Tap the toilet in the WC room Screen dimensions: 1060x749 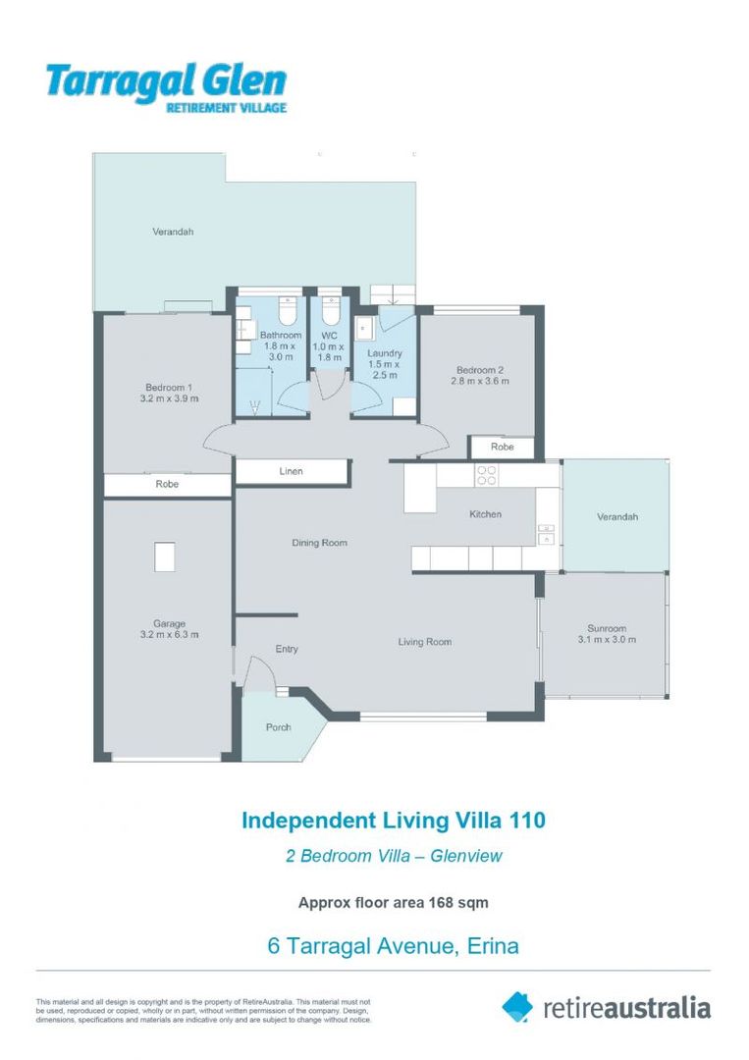tap(331, 312)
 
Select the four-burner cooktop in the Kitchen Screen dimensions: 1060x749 tap(486, 475)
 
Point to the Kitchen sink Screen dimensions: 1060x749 tap(546, 535)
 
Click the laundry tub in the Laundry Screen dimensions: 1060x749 tap(362, 327)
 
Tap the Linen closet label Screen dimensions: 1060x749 tap(291, 472)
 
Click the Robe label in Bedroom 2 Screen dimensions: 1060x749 tap(502, 447)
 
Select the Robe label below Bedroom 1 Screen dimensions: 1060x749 tap(167, 485)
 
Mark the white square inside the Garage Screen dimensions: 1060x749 tap(165, 557)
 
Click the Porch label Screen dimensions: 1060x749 tap(279, 727)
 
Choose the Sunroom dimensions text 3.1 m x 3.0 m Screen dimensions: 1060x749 tap(607, 640)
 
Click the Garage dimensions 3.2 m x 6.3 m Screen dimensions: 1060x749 tap(169, 635)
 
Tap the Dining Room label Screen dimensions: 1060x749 tap(320, 543)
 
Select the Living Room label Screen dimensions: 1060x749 tap(424, 642)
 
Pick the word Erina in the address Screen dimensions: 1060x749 tap(488, 946)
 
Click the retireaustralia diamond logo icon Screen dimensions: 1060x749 tap(517, 1006)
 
